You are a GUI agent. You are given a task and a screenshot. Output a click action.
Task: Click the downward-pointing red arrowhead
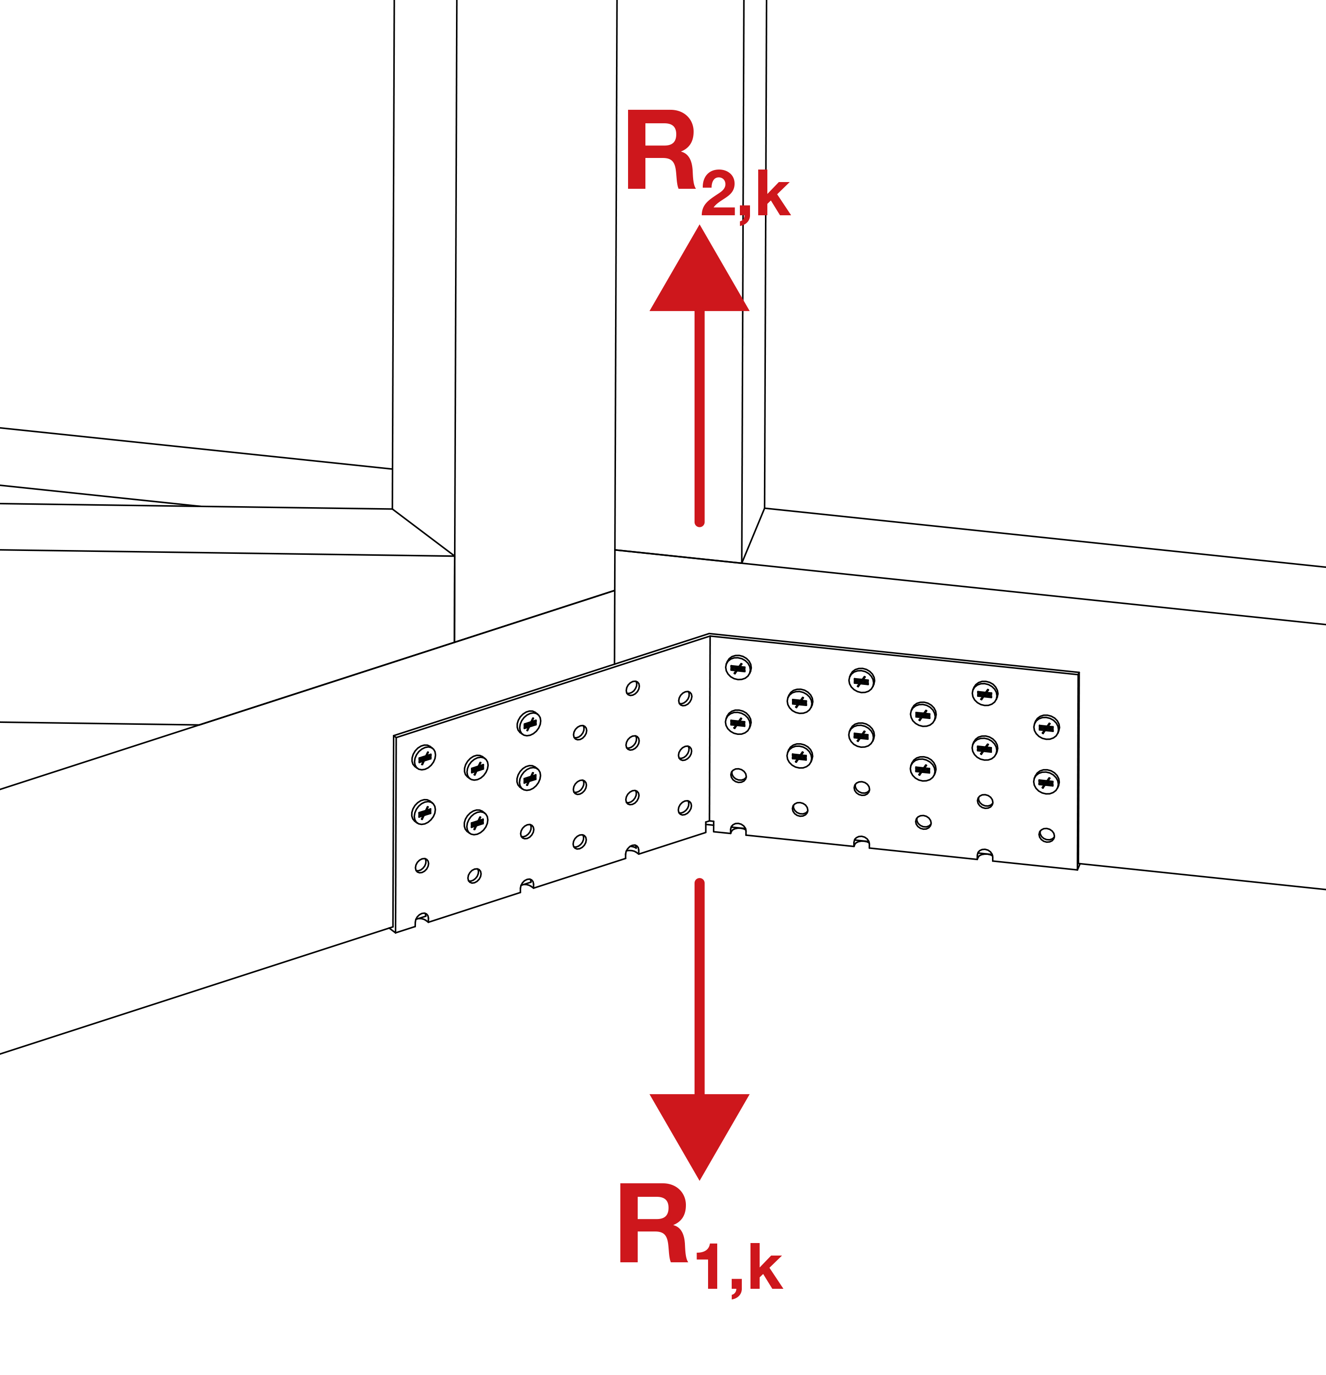[699, 1129]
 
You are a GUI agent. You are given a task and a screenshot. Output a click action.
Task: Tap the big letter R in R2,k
[660, 150]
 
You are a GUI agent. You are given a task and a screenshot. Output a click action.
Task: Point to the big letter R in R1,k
[653, 1224]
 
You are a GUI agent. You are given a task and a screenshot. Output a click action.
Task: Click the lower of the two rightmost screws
[1046, 782]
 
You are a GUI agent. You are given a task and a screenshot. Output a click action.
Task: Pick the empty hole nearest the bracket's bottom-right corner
[1046, 835]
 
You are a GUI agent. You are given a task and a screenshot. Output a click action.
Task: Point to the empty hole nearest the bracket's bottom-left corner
[421, 865]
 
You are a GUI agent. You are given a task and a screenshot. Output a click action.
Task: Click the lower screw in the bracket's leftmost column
[423, 812]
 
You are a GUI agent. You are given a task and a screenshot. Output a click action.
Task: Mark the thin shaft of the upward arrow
[699, 421]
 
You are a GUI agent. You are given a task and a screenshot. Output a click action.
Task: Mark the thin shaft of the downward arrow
[699, 982]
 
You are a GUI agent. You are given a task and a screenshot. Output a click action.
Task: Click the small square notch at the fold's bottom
[709, 826]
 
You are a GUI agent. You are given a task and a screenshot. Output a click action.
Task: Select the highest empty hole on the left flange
[632, 688]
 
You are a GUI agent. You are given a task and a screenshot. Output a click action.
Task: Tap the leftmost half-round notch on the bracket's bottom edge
[422, 919]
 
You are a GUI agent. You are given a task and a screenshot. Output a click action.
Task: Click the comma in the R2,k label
[744, 213]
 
